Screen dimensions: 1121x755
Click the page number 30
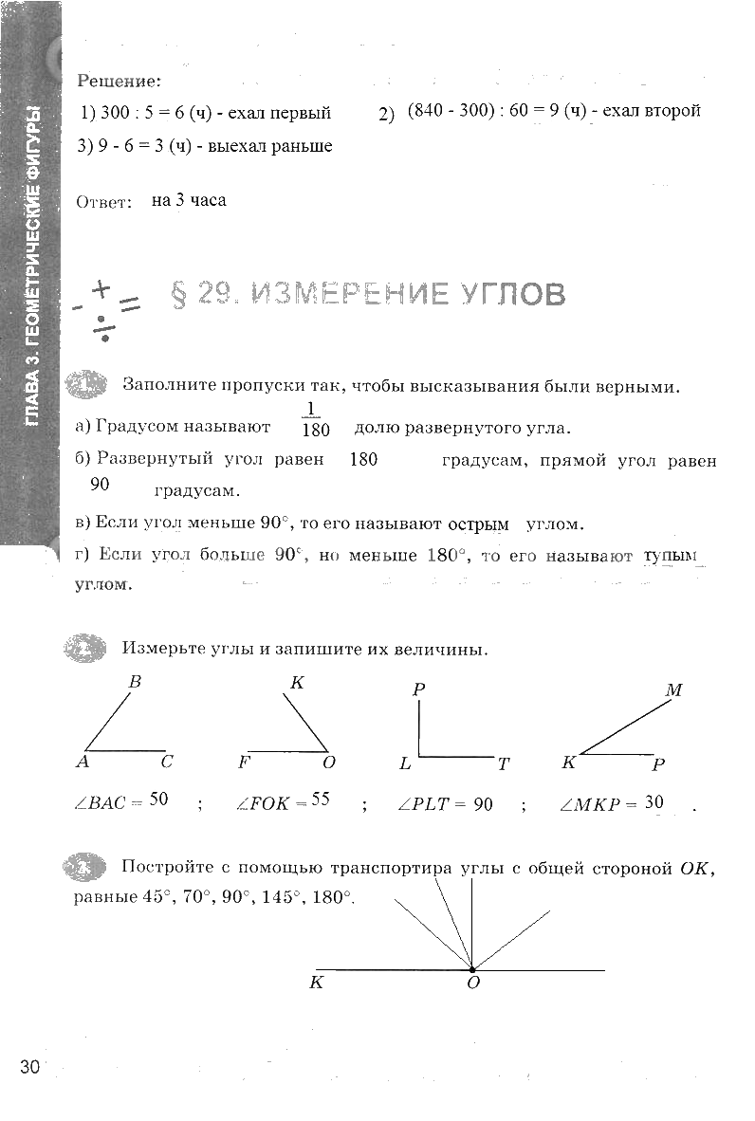29,1067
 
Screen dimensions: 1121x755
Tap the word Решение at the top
119,83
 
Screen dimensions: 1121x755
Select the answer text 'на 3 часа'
189,201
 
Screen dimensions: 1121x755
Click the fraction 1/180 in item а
314,419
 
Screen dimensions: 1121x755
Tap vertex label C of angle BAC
166,762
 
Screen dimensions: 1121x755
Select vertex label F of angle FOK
244,762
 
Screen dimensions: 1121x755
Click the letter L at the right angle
405,763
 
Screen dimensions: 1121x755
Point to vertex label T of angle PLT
503,763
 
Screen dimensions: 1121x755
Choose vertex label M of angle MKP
673,690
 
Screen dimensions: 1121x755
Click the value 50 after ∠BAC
158,799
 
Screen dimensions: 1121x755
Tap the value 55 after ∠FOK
320,799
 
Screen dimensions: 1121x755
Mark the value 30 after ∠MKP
654,802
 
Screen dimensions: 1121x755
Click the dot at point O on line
471,969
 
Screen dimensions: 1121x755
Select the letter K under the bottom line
316,983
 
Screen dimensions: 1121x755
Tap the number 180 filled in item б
363,460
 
